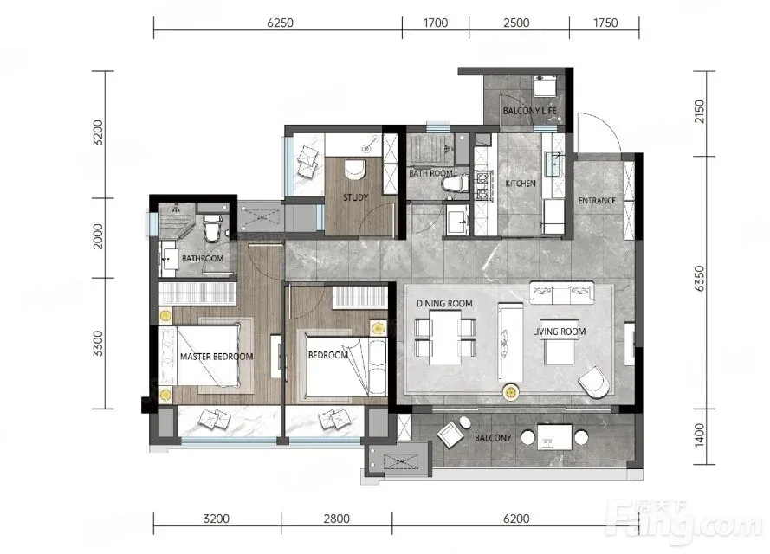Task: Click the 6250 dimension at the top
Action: (x=280, y=23)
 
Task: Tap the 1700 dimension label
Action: (x=436, y=23)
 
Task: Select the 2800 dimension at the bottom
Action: (x=336, y=519)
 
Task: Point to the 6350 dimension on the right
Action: (x=699, y=278)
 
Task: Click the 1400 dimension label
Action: (x=699, y=435)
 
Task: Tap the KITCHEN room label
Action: (x=521, y=183)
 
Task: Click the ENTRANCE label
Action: (x=597, y=200)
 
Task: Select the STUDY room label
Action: (x=355, y=197)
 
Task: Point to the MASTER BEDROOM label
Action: (x=217, y=357)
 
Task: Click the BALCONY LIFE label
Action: (x=529, y=111)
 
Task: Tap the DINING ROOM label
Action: (x=444, y=303)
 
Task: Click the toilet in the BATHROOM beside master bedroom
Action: (x=212, y=228)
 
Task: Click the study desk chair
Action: (x=354, y=170)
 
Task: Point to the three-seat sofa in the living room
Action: (x=562, y=293)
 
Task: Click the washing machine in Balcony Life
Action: (x=545, y=86)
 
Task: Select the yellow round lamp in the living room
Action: (x=511, y=391)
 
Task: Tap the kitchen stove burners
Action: (x=482, y=185)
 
